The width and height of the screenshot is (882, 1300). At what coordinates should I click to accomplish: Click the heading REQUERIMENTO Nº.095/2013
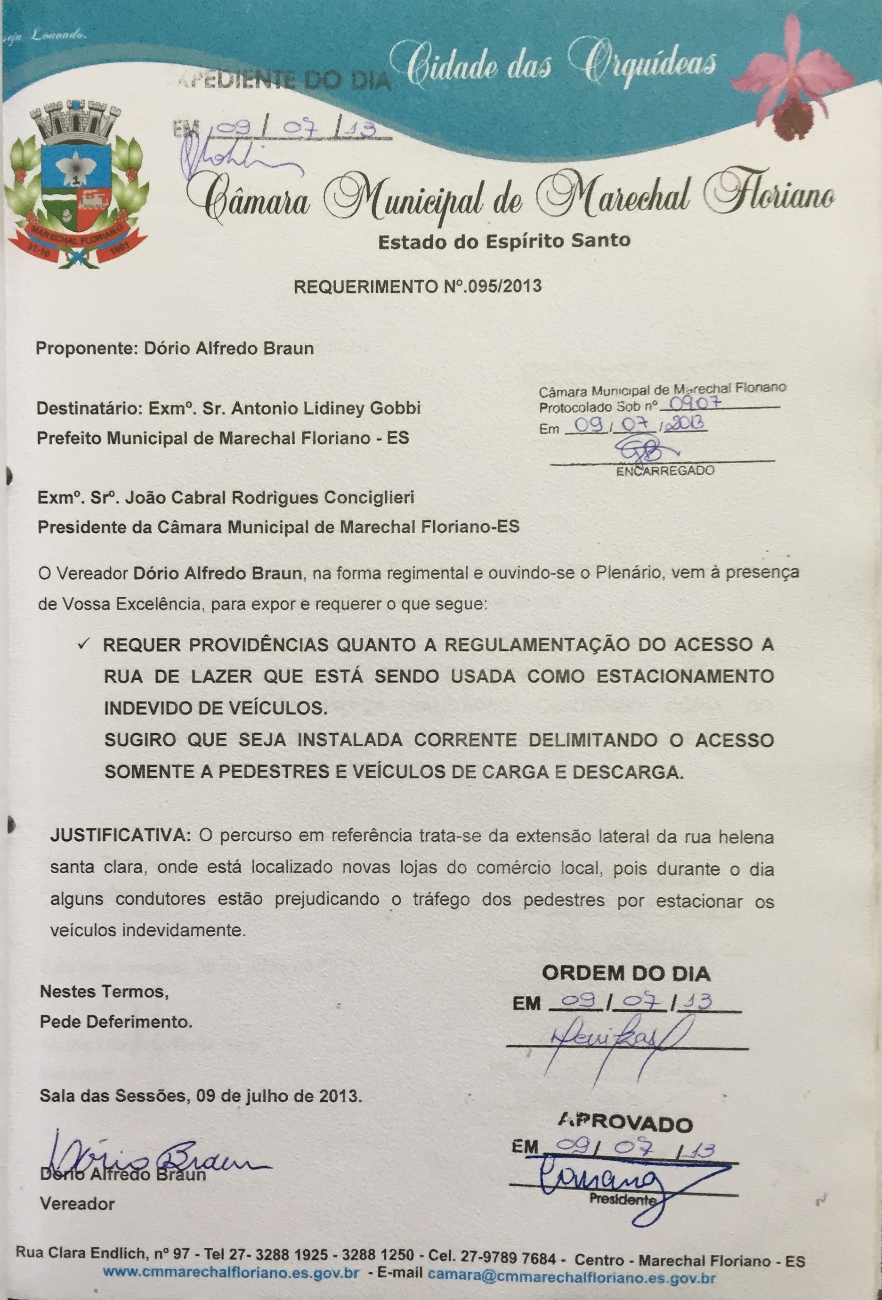click(x=418, y=286)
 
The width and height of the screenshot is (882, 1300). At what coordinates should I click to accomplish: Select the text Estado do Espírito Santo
click(x=504, y=241)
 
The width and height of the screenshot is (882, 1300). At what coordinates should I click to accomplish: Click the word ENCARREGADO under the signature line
click(x=665, y=471)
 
